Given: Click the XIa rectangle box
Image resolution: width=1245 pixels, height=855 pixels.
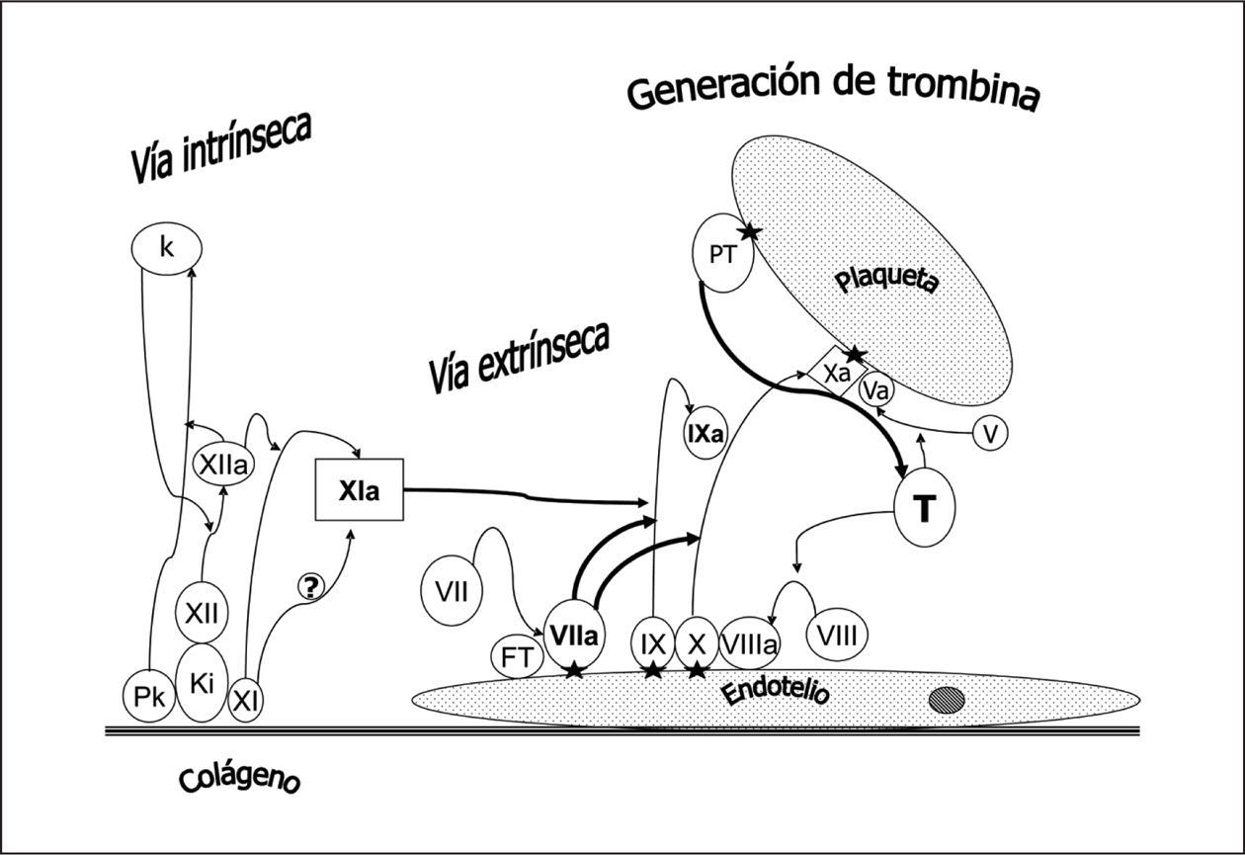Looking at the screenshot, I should pyautogui.click(x=359, y=490).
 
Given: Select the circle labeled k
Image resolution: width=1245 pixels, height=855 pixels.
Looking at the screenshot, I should pyautogui.click(x=166, y=248).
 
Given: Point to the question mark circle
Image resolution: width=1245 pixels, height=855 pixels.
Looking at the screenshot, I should pyautogui.click(x=309, y=587).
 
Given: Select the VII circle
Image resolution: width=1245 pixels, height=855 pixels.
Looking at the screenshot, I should pyautogui.click(x=451, y=593).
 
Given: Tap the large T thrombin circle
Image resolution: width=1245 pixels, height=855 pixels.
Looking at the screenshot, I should pyautogui.click(x=925, y=508).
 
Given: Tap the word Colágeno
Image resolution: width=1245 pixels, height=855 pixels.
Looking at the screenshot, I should pyautogui.click(x=239, y=780).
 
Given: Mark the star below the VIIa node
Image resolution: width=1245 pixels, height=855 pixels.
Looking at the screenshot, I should pyautogui.click(x=572, y=672).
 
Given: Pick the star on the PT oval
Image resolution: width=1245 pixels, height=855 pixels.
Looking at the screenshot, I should pyautogui.click(x=749, y=232).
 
